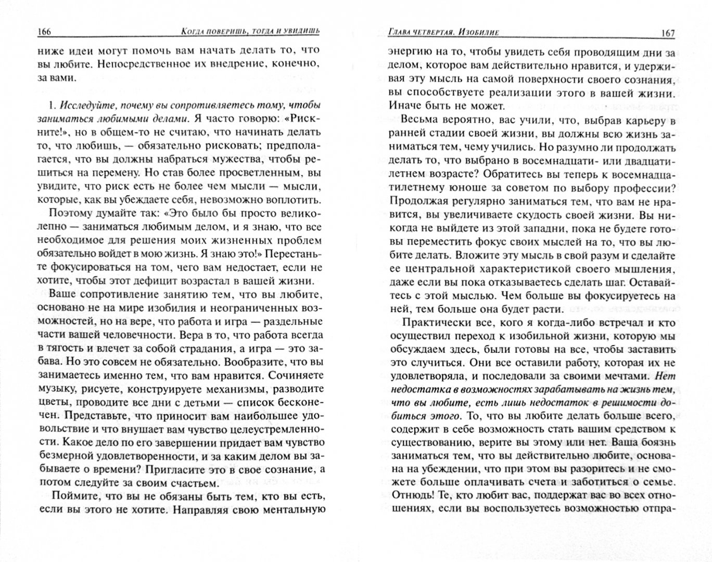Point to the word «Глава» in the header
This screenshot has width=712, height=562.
tap(390, 33)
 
